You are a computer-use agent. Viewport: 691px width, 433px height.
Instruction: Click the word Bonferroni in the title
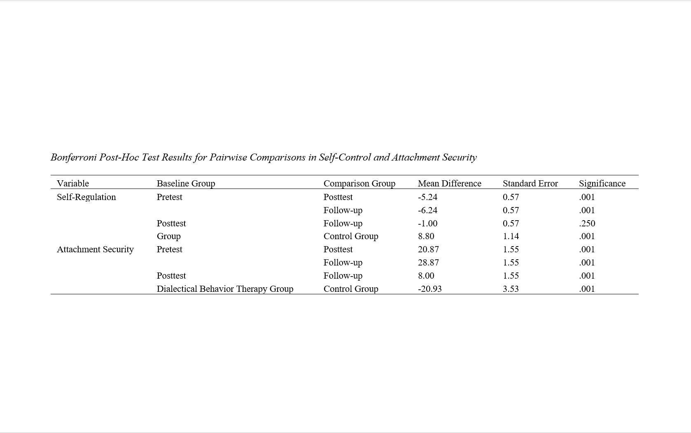click(x=73, y=157)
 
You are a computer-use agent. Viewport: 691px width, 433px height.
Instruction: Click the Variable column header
click(x=73, y=183)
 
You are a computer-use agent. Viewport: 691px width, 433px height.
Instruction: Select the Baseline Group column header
click(x=186, y=183)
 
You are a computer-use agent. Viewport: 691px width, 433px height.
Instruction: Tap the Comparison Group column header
click(x=359, y=183)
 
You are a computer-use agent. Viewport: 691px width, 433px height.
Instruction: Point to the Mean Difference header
click(x=449, y=183)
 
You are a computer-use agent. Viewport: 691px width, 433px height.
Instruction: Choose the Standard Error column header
click(x=530, y=183)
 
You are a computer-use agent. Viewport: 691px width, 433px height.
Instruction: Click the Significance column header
click(x=602, y=183)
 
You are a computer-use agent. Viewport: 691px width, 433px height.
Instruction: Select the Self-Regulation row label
click(x=86, y=197)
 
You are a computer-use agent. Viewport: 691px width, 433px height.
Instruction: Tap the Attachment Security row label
click(x=95, y=249)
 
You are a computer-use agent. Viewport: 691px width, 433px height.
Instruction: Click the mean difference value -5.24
click(x=427, y=197)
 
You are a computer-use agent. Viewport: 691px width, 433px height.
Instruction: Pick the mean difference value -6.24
click(x=427, y=210)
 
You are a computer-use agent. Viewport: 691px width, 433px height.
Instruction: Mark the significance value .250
click(x=587, y=223)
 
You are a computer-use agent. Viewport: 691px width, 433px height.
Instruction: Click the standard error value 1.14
click(x=511, y=236)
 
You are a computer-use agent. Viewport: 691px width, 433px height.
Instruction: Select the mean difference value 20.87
click(x=428, y=249)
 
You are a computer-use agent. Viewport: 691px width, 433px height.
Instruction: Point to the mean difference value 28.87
click(x=428, y=262)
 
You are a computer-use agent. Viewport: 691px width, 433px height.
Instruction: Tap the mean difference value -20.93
click(x=430, y=289)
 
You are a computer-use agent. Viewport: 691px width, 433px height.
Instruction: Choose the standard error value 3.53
click(x=511, y=289)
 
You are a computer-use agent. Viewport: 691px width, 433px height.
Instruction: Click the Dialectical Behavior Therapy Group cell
click(x=225, y=289)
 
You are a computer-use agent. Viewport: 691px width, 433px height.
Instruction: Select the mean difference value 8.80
click(x=426, y=236)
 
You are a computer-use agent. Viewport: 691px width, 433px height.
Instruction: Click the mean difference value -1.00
click(x=427, y=223)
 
